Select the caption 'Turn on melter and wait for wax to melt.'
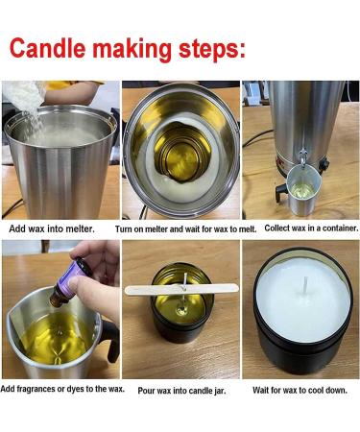coord(179,228)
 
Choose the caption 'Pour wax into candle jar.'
coord(180,390)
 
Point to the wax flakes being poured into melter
coord(22,101)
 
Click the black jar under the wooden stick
coord(181,307)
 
